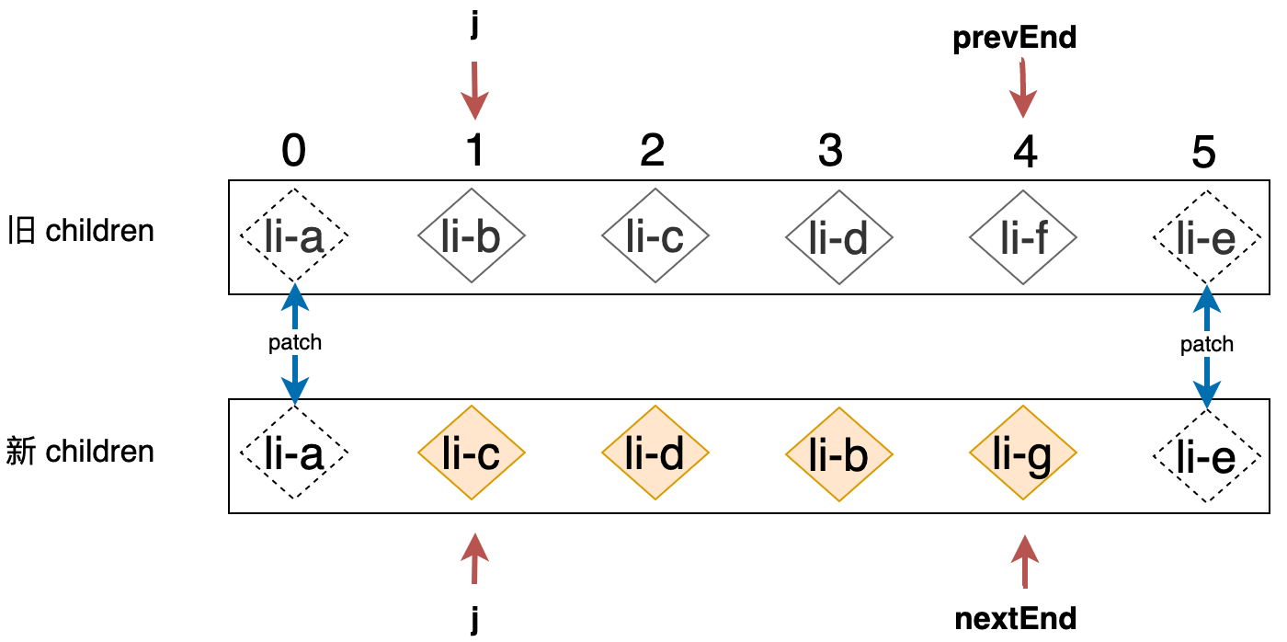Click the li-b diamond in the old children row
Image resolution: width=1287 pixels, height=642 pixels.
(472, 236)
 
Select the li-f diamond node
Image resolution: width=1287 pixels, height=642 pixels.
(1022, 236)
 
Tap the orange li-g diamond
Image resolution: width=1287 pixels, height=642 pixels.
(1022, 453)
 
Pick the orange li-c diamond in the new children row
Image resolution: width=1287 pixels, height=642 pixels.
(472, 453)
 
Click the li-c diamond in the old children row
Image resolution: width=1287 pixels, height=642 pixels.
(655, 236)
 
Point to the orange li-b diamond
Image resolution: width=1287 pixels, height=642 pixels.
(838, 453)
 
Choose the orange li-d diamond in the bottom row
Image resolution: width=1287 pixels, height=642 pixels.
(655, 453)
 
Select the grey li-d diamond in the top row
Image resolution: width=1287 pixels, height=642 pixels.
(838, 236)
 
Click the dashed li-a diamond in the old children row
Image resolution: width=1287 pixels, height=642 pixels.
(294, 236)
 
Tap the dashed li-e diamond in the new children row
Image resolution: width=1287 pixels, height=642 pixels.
(1206, 455)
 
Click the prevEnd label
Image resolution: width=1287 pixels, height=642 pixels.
(1015, 39)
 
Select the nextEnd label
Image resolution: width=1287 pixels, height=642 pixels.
(1016, 618)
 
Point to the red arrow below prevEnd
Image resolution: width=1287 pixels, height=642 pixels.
(1022, 88)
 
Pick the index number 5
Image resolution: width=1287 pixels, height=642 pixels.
(1203, 153)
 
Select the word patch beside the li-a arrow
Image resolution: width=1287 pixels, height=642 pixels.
(295, 343)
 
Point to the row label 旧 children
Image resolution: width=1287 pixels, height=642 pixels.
(81, 230)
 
